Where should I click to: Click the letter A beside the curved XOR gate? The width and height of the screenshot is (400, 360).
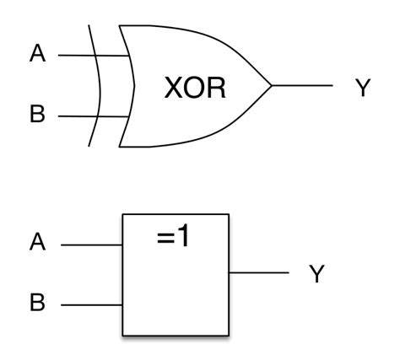[36, 56]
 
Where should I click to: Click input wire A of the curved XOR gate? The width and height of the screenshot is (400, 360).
[84, 56]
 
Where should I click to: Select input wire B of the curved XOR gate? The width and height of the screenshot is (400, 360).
[84, 116]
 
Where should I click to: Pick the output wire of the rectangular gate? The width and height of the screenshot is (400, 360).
[260, 273]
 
